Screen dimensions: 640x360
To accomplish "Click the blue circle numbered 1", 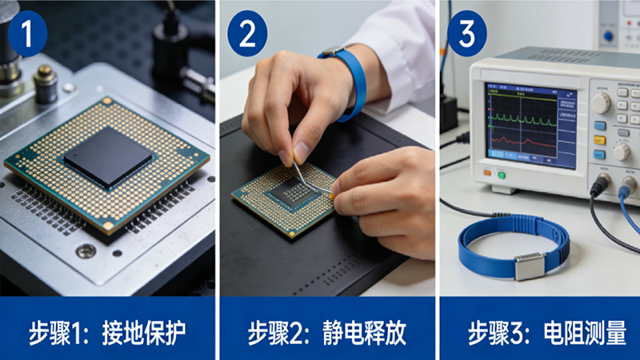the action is (27, 34).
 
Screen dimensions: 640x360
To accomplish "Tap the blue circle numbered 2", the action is (247, 34).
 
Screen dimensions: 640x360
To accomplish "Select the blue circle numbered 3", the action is (467, 34).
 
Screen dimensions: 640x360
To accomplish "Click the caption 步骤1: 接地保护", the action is (107, 333).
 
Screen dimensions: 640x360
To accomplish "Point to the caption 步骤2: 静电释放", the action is (327, 333).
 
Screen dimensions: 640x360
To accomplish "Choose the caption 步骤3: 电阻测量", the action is (547, 333).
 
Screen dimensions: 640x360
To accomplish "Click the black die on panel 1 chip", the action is (108, 157).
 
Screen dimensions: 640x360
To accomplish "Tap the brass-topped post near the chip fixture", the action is (45, 84).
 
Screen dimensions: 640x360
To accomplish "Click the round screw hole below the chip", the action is (86, 250).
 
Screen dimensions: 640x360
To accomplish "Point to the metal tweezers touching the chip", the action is (311, 179).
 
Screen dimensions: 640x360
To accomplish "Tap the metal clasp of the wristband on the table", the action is (530, 266).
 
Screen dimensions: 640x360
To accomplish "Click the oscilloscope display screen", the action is (530, 126).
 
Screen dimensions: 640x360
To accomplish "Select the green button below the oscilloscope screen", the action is (502, 175).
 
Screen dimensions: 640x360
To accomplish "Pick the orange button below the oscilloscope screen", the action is (487, 173).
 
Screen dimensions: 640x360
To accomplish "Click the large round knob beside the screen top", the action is (601, 103).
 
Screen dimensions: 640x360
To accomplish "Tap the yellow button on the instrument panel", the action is (599, 141).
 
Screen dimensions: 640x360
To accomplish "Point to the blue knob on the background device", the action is (608, 36).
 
